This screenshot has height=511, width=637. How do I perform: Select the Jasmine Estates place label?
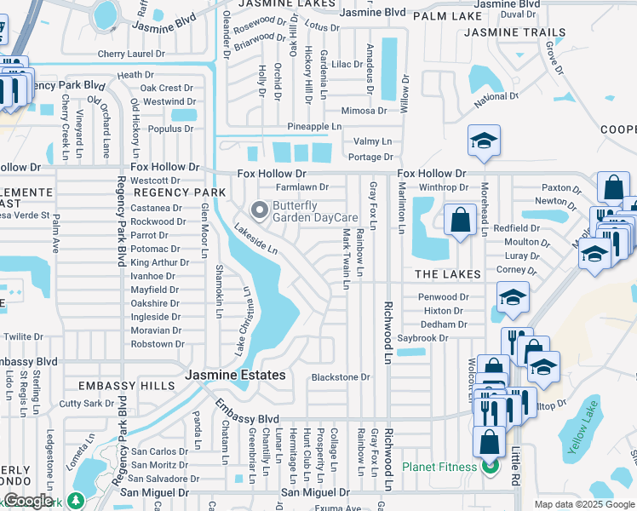pos(236,375)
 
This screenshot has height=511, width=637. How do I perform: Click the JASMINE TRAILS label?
pos(514,32)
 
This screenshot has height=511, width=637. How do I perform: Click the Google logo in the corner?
pos(27,501)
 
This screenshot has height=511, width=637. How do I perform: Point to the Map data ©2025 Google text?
pos(584,504)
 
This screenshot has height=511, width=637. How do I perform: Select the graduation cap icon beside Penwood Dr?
pos(513,297)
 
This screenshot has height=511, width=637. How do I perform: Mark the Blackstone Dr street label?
pos(341,377)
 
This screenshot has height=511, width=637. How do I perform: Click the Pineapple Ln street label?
pos(313,126)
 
